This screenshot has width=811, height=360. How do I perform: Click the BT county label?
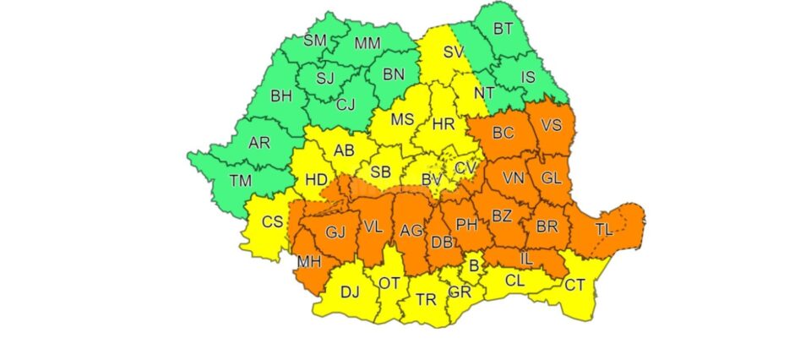click(503, 29)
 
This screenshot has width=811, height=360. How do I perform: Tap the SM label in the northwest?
click(315, 40)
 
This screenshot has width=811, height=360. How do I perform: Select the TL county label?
click(604, 229)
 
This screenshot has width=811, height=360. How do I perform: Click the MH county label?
click(309, 262)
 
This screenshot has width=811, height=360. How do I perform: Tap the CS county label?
click(272, 222)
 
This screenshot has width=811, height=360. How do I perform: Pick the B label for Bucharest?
click(474, 267)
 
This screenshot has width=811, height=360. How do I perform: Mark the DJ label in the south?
click(349, 292)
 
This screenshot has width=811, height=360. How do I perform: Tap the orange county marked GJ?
click(337, 232)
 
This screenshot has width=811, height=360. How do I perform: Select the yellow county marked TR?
click(426, 300)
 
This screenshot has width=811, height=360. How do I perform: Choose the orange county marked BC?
click(503, 133)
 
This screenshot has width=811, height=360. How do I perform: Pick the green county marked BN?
click(394, 74)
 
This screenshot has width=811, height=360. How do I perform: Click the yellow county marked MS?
click(403, 119)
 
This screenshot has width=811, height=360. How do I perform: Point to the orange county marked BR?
click(547, 227)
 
